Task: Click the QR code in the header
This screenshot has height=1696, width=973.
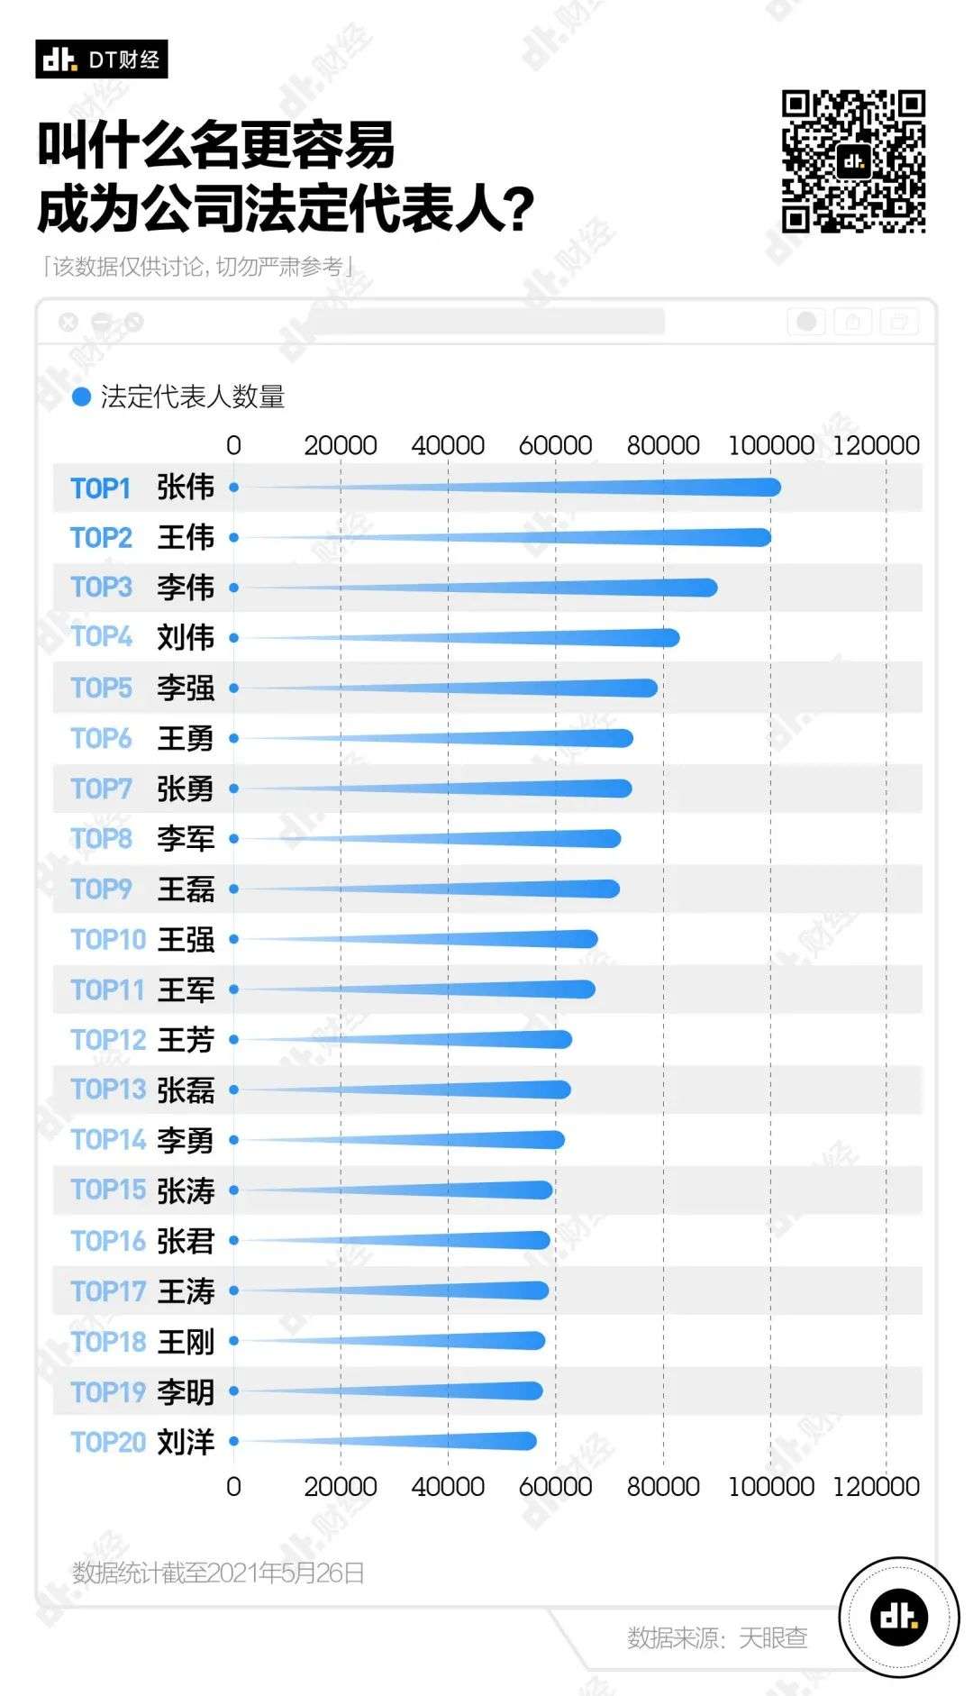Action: [x=853, y=161]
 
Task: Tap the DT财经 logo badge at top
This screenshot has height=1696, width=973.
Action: [x=102, y=59]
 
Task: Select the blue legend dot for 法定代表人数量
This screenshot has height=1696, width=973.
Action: [x=81, y=397]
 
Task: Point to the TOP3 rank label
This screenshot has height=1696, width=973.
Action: [x=101, y=588]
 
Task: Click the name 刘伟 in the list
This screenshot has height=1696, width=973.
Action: [x=186, y=638]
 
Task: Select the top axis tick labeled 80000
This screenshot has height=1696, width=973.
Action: [x=663, y=445]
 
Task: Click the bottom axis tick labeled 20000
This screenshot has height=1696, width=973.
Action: [x=341, y=1486]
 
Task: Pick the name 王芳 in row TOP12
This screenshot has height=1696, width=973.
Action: [x=186, y=1040]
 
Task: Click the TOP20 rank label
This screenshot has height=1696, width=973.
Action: [x=108, y=1442]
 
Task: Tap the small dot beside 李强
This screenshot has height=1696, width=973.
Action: [x=233, y=688]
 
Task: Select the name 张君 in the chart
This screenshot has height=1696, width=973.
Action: [x=186, y=1241]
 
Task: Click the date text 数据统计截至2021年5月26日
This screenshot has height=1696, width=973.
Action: [x=218, y=1573]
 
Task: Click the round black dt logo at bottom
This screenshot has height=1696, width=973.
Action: [x=898, y=1617]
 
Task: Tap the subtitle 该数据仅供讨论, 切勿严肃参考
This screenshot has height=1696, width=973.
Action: [x=198, y=267]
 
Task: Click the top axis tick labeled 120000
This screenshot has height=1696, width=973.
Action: [x=876, y=445]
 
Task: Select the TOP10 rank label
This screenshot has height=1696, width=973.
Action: [x=108, y=940]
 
